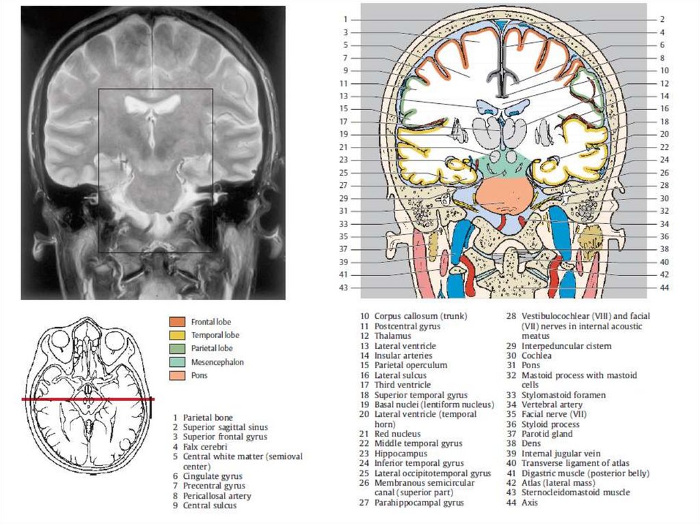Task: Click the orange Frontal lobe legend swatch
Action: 177,321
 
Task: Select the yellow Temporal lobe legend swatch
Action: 177,335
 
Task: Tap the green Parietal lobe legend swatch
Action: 177,348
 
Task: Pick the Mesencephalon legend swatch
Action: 177,362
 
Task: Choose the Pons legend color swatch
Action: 177,375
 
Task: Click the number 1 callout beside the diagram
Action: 346,19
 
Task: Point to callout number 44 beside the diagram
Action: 664,288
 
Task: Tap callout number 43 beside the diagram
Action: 344,288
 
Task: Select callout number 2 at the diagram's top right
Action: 662,19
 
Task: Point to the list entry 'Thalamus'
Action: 392,336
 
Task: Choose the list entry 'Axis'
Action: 530,502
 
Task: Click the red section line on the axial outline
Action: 88,399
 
